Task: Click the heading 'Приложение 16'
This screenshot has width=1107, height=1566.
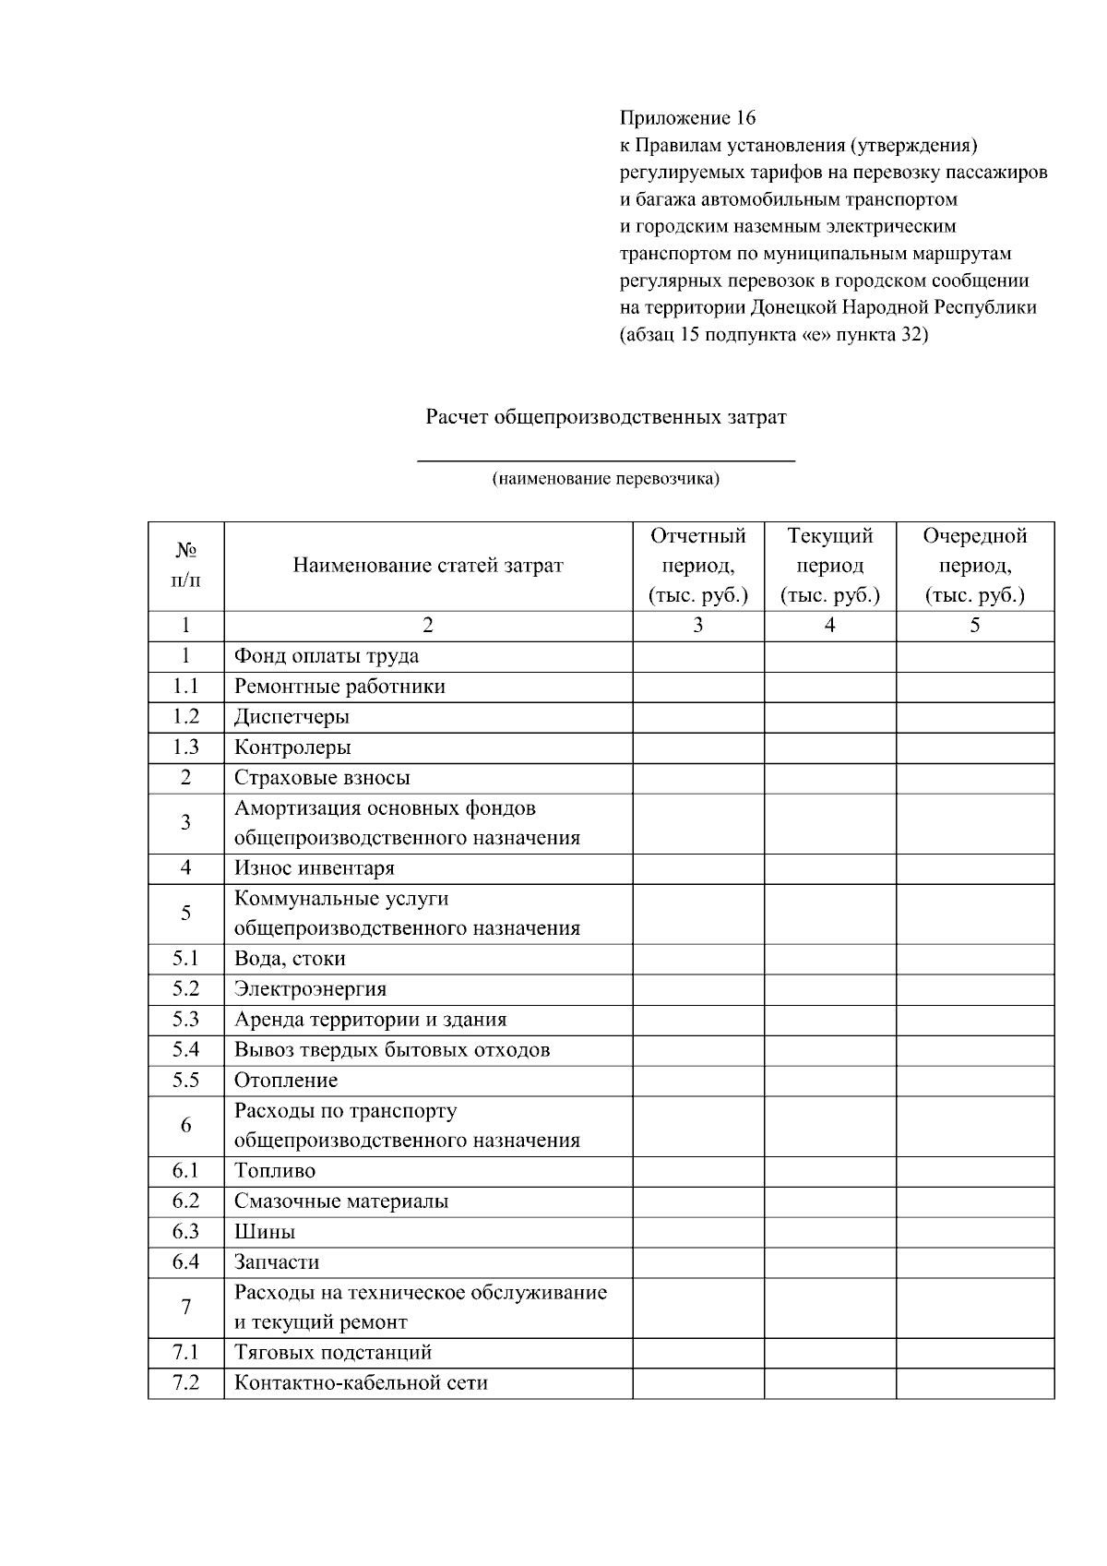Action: click(687, 118)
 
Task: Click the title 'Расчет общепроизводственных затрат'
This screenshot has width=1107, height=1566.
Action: click(605, 417)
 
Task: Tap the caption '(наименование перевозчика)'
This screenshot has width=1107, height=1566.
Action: click(605, 478)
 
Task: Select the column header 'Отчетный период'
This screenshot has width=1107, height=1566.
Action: click(697, 565)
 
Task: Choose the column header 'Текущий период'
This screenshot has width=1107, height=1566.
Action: click(829, 565)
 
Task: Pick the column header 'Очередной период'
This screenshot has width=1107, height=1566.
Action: click(974, 565)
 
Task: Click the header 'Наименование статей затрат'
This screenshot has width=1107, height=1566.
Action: click(428, 565)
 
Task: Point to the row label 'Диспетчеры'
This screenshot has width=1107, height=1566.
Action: click(292, 717)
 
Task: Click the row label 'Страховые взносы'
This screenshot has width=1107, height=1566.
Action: click(322, 778)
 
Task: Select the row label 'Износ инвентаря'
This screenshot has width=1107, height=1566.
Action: click(314, 868)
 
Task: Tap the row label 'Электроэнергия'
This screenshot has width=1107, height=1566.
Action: click(310, 989)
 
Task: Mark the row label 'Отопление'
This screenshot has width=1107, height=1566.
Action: click(286, 1080)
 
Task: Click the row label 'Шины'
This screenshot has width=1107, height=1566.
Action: click(265, 1232)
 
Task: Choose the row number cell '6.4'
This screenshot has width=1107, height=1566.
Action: click(185, 1261)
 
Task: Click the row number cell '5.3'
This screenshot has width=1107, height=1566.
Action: click(185, 1020)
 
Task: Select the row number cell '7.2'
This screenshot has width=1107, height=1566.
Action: click(185, 1383)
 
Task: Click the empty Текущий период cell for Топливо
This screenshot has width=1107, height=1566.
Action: click(829, 1171)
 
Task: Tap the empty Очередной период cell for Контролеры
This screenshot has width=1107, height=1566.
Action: click(974, 747)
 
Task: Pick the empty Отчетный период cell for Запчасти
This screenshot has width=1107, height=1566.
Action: click(697, 1261)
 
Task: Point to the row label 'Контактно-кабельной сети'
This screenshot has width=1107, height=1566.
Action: click(361, 1383)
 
